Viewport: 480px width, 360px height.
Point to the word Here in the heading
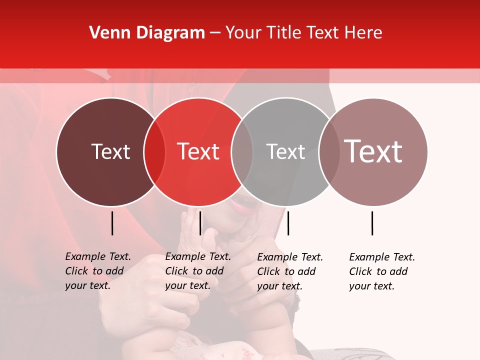[x=364, y=33]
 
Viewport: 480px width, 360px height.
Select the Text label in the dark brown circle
[x=110, y=151]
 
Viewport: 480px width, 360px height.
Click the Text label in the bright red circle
[x=198, y=151]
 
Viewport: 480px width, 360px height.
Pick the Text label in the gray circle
[x=285, y=151]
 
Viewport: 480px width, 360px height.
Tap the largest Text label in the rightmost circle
[x=373, y=151]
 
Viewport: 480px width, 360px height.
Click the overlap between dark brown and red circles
[x=154, y=152]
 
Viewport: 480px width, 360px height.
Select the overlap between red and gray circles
[x=242, y=152]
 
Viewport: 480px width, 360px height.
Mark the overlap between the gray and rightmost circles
[x=329, y=152]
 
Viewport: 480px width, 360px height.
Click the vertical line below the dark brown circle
[x=112, y=223]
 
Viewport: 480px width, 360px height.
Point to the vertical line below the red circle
[x=200, y=223]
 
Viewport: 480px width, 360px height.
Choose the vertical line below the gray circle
[x=288, y=223]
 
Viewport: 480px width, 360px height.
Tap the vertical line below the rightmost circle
[x=372, y=223]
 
